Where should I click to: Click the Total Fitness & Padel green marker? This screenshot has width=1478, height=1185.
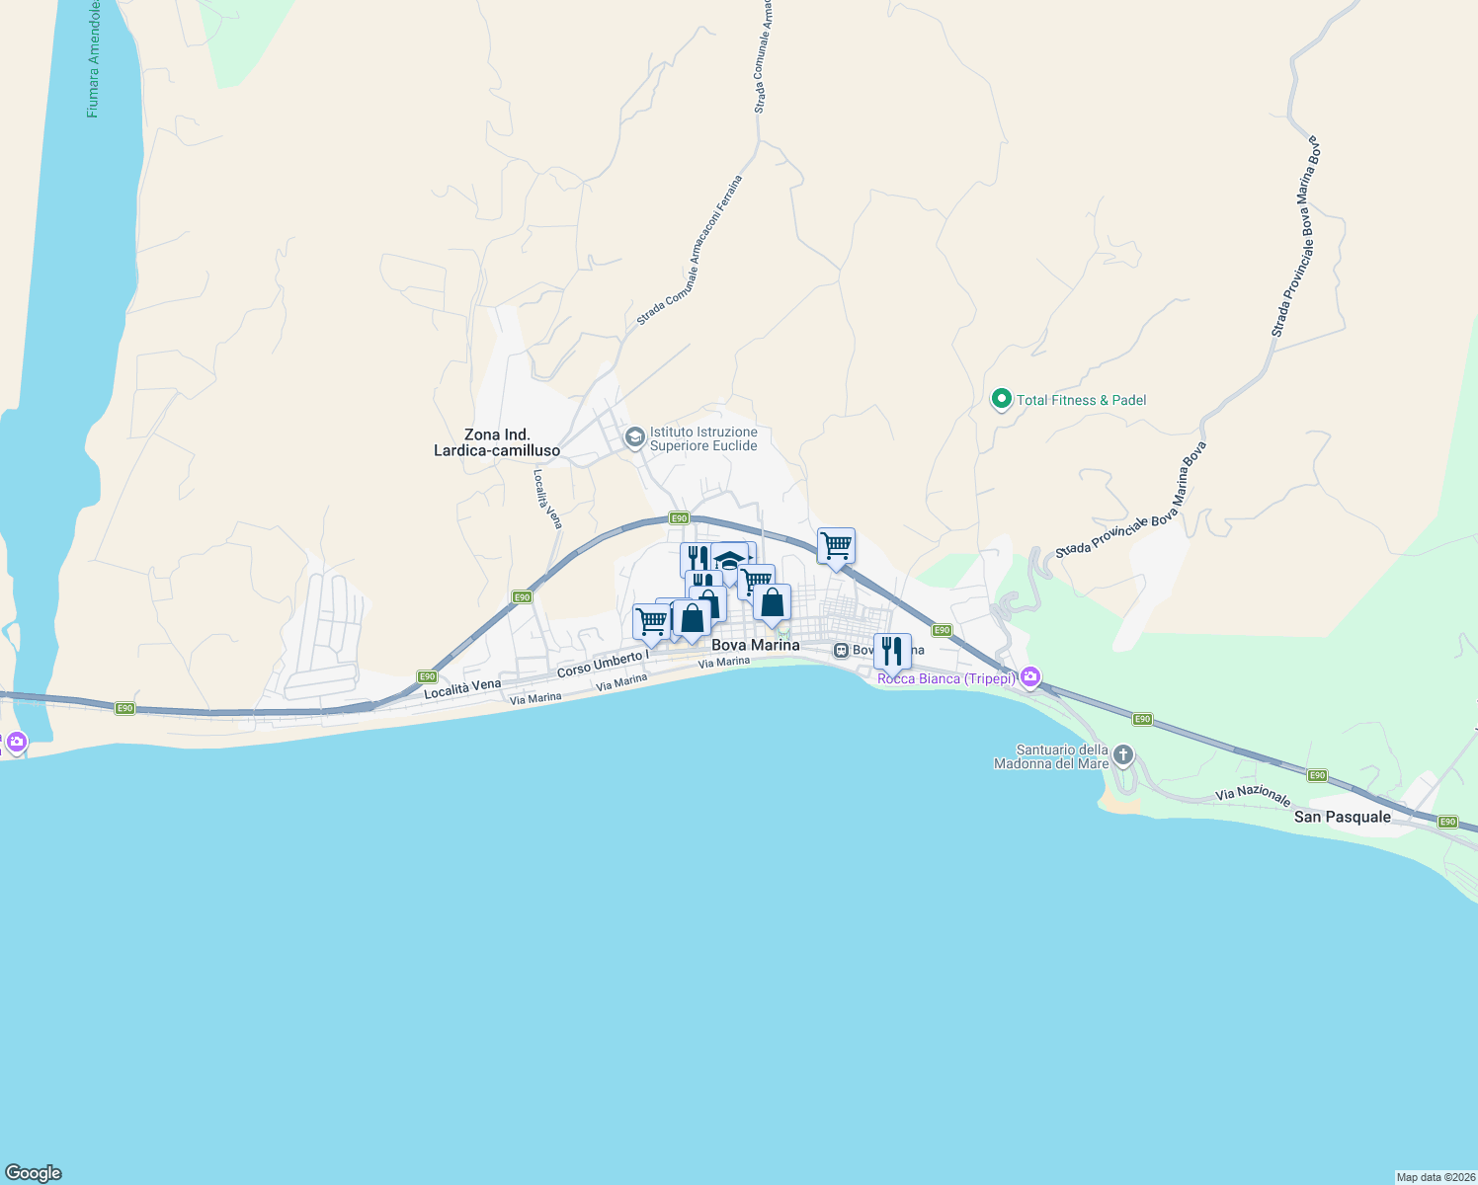tap(1001, 400)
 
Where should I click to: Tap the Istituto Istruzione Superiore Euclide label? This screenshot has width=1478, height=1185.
tap(703, 438)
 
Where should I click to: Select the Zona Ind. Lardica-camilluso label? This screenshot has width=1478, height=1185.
tap(497, 442)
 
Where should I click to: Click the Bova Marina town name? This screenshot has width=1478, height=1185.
tap(756, 645)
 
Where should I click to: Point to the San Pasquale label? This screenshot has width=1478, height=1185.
tap(1343, 817)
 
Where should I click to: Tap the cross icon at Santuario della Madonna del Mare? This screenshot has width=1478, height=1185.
tap(1122, 756)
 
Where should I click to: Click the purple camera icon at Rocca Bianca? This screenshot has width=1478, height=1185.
tap(1030, 677)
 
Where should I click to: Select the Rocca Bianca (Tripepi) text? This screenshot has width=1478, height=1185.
tap(946, 678)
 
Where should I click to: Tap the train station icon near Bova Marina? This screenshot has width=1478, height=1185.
tap(841, 650)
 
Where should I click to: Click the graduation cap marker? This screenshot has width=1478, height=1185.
tap(729, 560)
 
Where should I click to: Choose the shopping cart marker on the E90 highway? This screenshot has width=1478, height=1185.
tap(836, 545)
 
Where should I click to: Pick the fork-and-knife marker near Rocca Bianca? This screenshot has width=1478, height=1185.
tap(892, 651)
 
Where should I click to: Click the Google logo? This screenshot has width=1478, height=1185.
tap(33, 1173)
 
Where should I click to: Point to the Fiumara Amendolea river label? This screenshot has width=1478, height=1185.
tap(94, 59)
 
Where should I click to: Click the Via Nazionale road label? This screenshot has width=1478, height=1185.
tap(1253, 795)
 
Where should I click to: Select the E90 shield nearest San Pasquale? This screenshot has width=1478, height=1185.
tap(1447, 822)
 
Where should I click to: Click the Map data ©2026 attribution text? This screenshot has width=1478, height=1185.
tap(1436, 1177)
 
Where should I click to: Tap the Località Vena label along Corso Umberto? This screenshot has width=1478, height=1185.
tap(462, 689)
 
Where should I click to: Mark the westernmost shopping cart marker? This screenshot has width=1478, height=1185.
tap(651, 622)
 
